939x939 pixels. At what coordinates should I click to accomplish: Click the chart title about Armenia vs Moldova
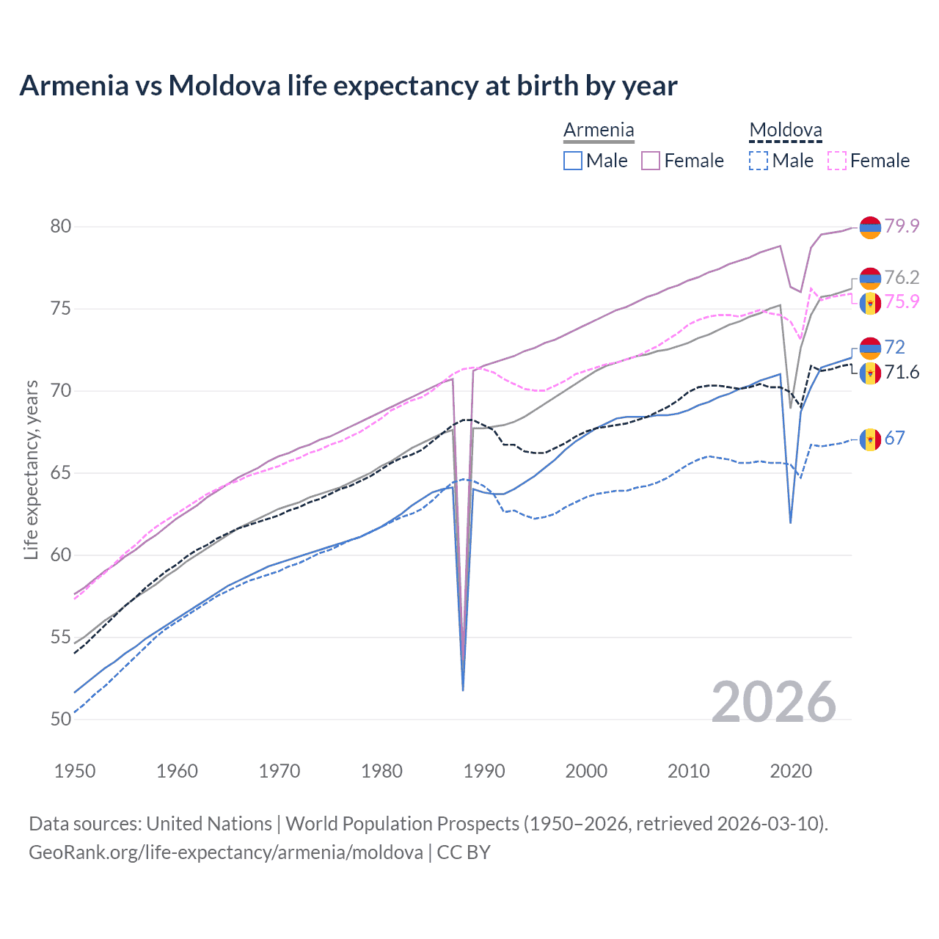pyautogui.click(x=348, y=86)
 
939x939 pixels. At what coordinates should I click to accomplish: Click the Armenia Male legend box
pyautogui.click(x=573, y=161)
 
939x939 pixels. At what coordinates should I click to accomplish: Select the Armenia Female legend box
pyautogui.click(x=651, y=161)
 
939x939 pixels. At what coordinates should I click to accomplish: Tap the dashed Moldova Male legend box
pyautogui.click(x=759, y=161)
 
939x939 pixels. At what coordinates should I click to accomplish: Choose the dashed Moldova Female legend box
pyautogui.click(x=837, y=161)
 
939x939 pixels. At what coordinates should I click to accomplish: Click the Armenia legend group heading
pyautogui.click(x=599, y=131)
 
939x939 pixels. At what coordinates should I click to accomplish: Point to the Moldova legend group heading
pyautogui.click(x=785, y=131)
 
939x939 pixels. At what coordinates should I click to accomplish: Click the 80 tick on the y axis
pyautogui.click(x=61, y=226)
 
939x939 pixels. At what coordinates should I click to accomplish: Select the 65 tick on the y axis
pyautogui.click(x=61, y=472)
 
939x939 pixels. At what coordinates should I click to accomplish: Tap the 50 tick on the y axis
pyautogui.click(x=61, y=719)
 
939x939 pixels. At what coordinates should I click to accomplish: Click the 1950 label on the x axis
pyautogui.click(x=75, y=771)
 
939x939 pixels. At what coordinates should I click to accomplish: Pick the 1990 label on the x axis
pyautogui.click(x=484, y=771)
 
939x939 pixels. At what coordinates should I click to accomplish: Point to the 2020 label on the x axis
pyautogui.click(x=791, y=771)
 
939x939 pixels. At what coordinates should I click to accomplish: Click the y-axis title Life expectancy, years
pyautogui.click(x=31, y=469)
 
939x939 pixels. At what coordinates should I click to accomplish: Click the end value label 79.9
pyautogui.click(x=902, y=226)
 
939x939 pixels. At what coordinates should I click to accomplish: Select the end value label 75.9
pyautogui.click(x=902, y=302)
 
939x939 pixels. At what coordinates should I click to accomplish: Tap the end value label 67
pyautogui.click(x=894, y=438)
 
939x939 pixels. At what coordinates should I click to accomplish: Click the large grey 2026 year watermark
pyautogui.click(x=773, y=702)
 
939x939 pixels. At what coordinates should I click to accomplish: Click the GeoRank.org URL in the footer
pyautogui.click(x=226, y=852)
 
